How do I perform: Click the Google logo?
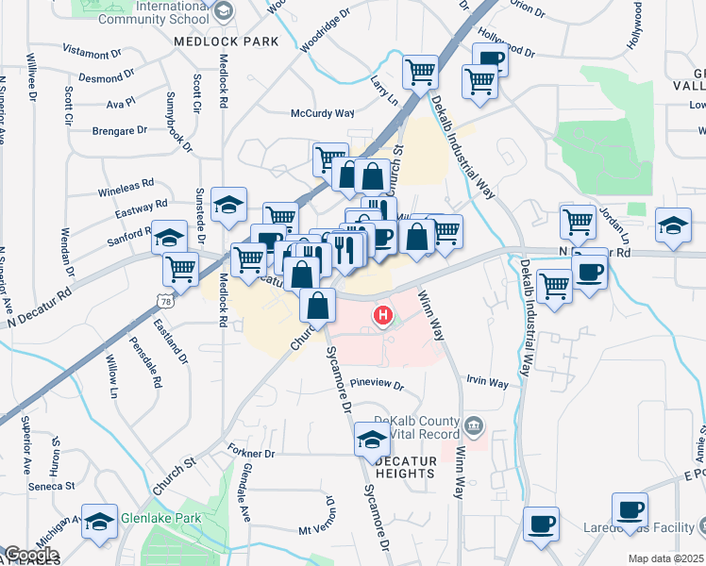(x=31, y=555)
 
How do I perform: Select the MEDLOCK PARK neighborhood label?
(x=227, y=42)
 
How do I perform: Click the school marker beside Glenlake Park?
(x=99, y=522)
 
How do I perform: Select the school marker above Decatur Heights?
(x=372, y=439)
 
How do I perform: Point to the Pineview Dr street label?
(x=377, y=385)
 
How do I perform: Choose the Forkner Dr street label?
(x=250, y=453)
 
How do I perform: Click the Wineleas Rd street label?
(x=126, y=188)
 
